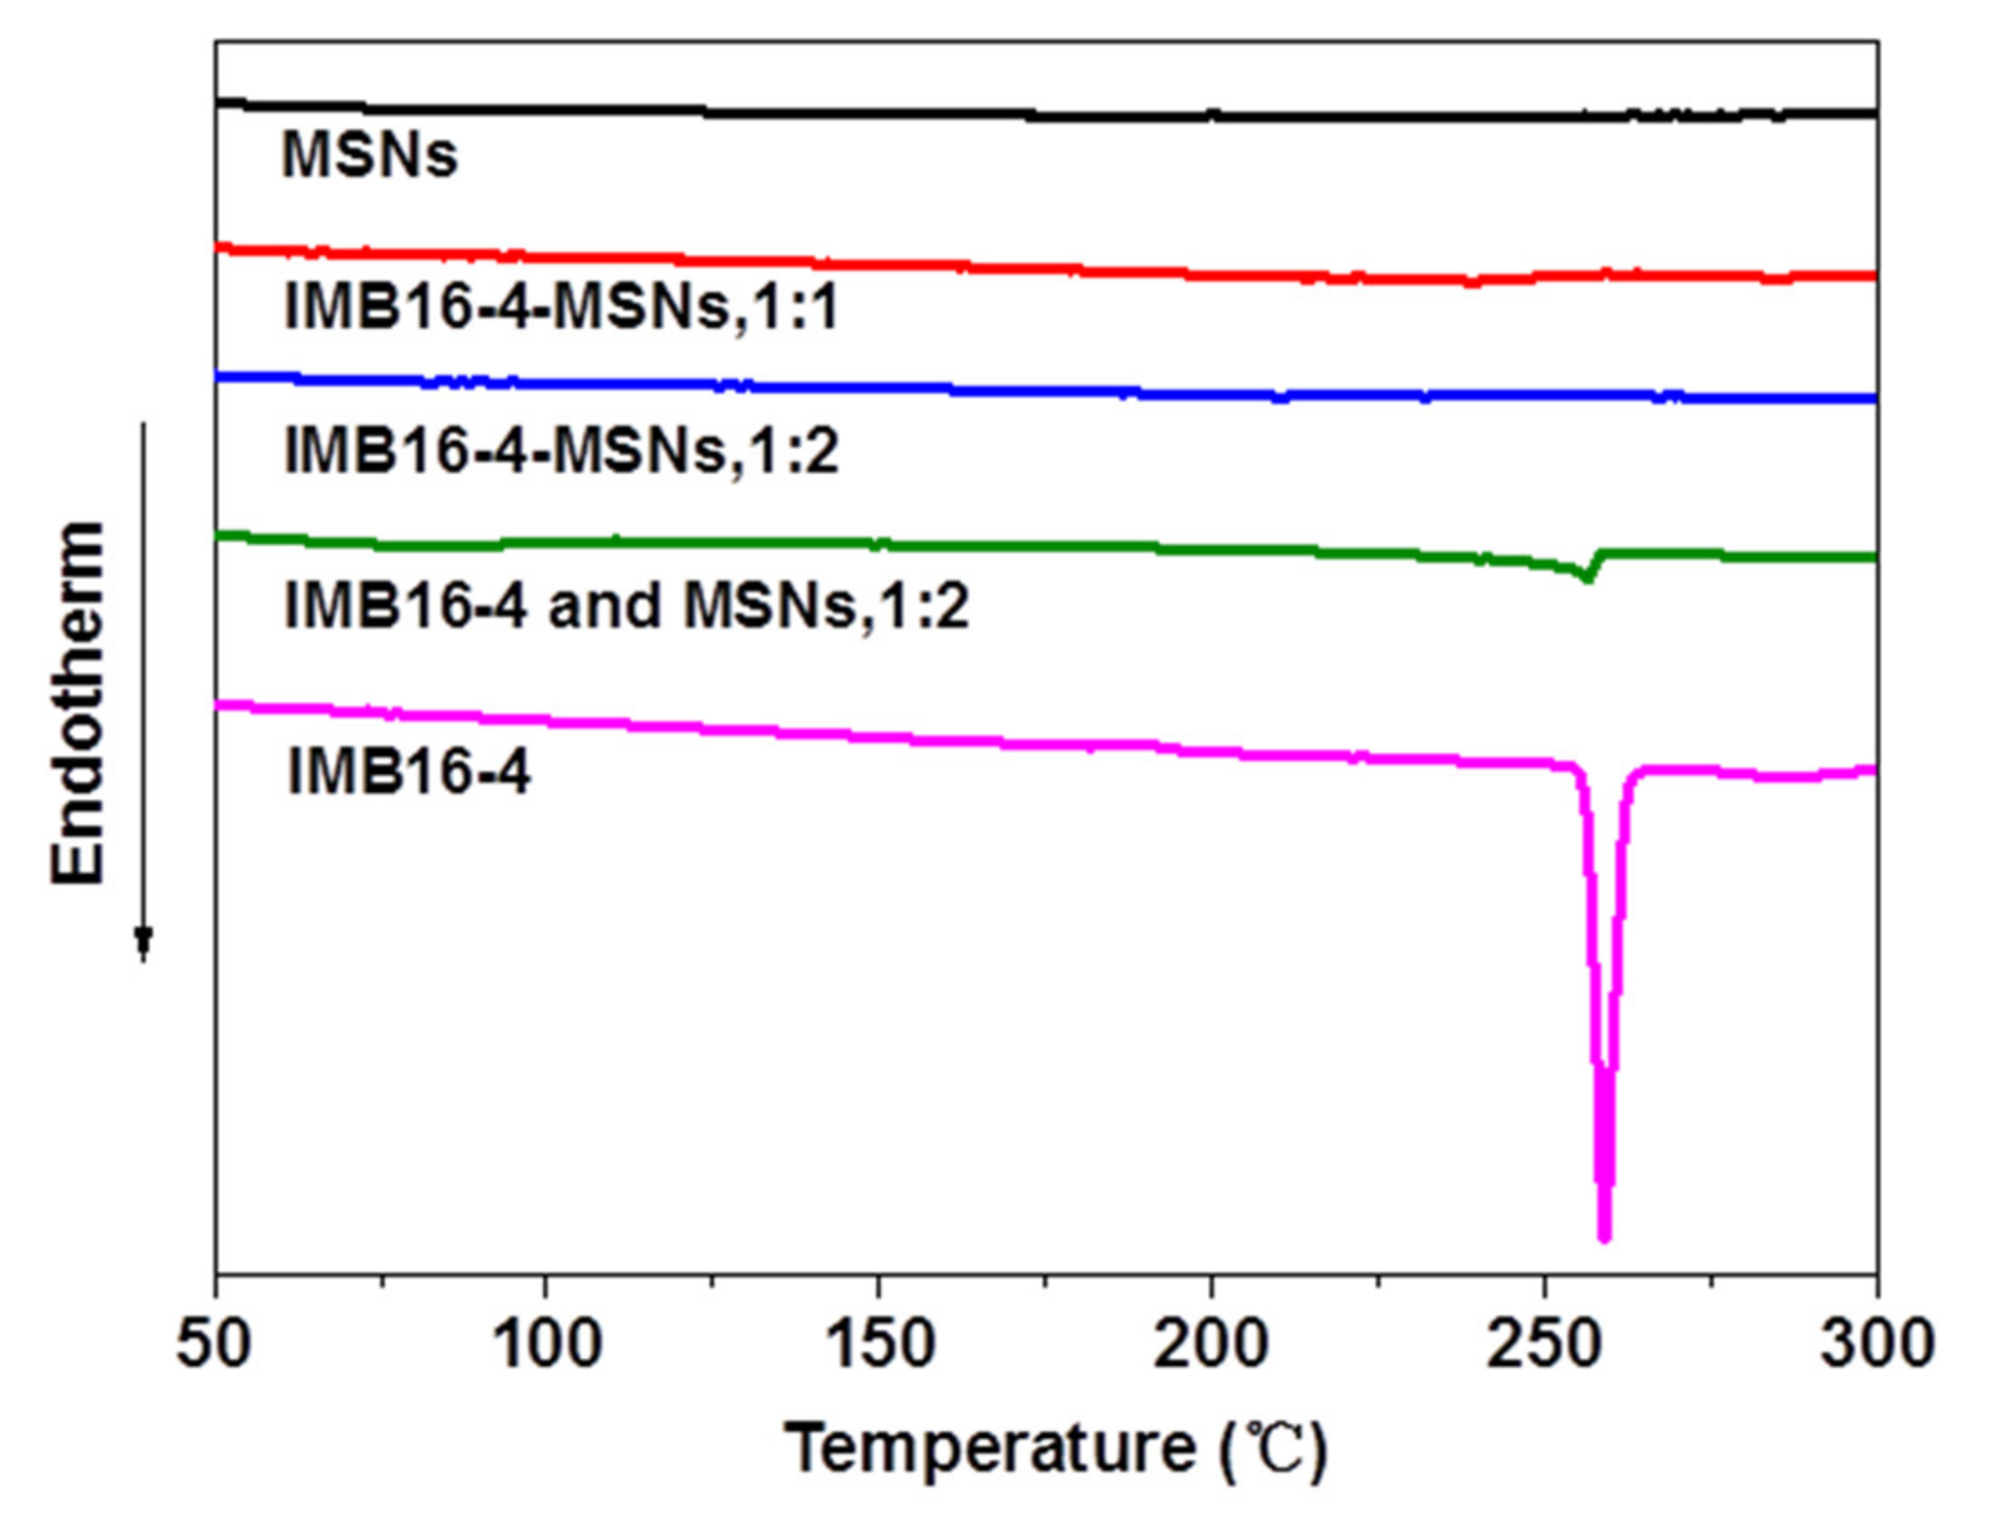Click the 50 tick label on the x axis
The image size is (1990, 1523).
(213, 1345)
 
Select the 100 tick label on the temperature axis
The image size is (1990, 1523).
(545, 1345)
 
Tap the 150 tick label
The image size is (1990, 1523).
(878, 1345)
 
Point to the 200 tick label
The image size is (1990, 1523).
(1210, 1345)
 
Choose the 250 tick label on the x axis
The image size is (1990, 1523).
(1543, 1345)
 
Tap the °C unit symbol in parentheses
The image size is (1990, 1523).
(1274, 1448)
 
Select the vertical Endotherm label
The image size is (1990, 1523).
(77, 703)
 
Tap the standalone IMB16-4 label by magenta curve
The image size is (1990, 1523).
(408, 772)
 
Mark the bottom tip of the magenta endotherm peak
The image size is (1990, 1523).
(1605, 1237)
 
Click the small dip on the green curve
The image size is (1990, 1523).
(1587, 577)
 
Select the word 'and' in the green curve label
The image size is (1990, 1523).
(605, 606)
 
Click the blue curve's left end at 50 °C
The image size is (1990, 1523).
(219, 376)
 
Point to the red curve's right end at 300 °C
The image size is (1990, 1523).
(1873, 276)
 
